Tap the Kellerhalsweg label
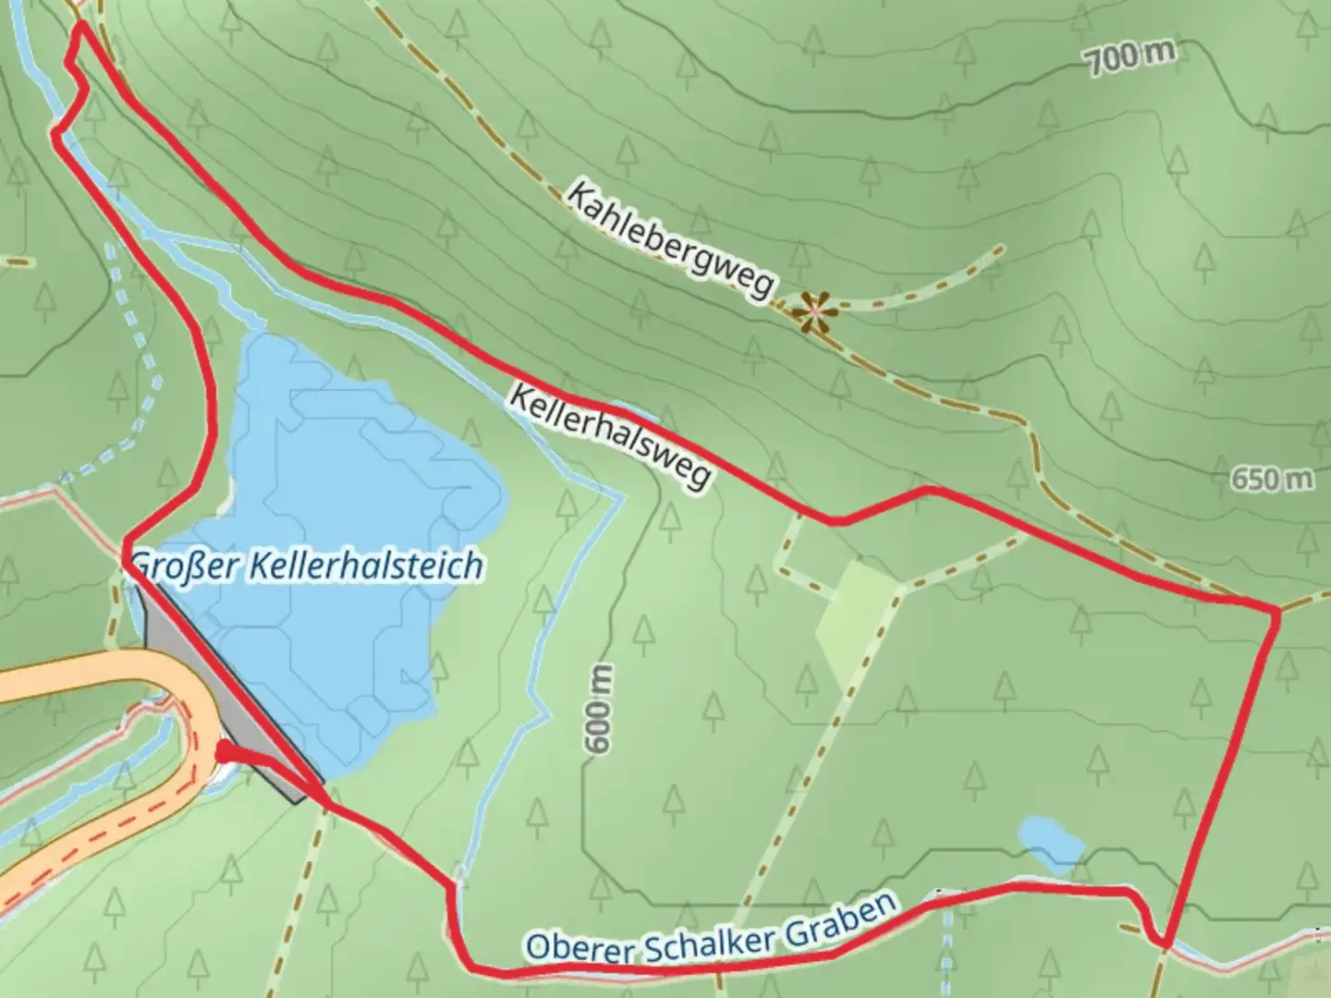[x=611, y=436]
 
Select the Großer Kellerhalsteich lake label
[x=308, y=565]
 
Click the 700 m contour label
[x=1130, y=58]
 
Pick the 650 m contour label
[x=1272, y=479]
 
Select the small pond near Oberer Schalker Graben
[x=1051, y=841]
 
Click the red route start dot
[x=223, y=753]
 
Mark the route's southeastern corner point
[x=1166, y=944]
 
